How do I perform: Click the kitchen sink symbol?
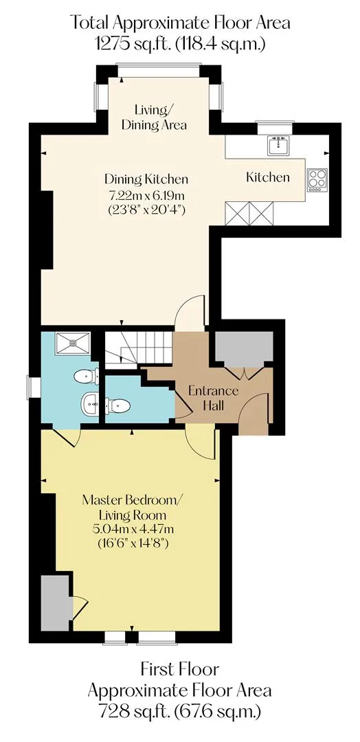[279, 145]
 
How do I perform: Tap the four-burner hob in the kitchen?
[317, 180]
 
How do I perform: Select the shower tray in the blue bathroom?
[73, 343]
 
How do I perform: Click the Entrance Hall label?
[214, 398]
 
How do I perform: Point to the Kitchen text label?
[267, 177]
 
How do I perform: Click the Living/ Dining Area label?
[154, 117]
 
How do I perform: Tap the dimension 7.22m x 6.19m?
[146, 194]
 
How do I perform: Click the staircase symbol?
[137, 349]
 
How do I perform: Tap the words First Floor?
[180, 670]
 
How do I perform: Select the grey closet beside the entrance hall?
[244, 349]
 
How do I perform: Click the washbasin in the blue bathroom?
[89, 404]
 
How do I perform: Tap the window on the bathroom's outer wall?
[34, 387]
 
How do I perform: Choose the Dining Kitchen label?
[146, 179]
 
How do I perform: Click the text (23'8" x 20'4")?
[146, 209]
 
